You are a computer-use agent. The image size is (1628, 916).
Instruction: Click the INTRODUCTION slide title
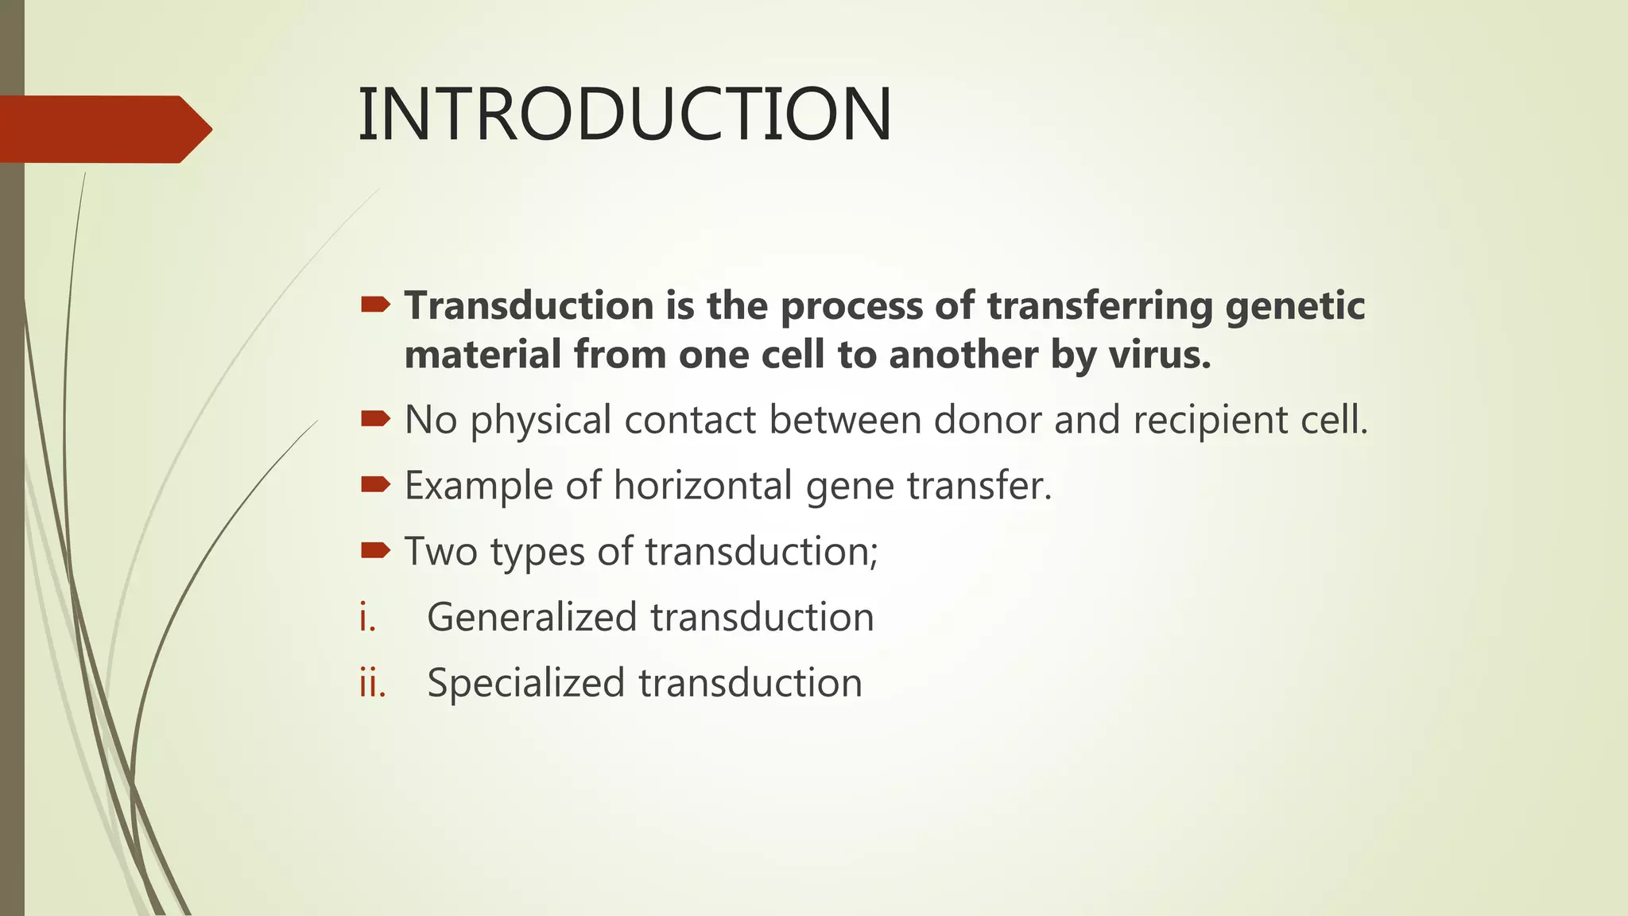point(625,115)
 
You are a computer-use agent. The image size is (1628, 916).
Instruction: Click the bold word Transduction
point(529,306)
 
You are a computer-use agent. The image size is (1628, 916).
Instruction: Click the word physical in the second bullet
point(541,421)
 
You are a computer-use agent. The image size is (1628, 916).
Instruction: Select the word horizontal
point(703,486)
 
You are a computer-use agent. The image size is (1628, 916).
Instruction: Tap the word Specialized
point(525,683)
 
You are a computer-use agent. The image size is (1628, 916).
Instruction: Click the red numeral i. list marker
point(366,618)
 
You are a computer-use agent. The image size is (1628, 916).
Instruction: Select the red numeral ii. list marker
point(372,684)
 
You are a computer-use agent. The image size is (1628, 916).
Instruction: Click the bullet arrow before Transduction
point(375,305)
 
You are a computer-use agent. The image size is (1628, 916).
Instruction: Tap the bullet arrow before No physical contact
point(375,418)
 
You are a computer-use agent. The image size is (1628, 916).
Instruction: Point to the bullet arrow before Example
point(375,484)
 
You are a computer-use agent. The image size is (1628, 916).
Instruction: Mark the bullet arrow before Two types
point(375,549)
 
